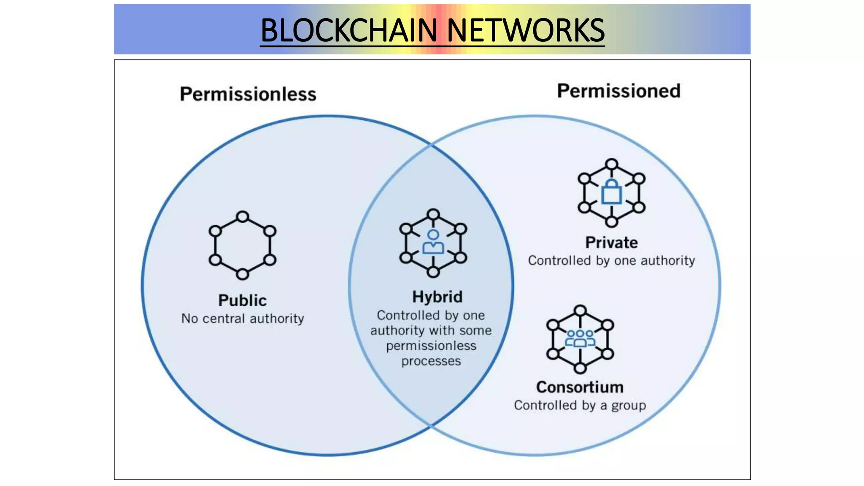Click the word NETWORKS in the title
click(x=525, y=30)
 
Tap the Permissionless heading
click(x=248, y=94)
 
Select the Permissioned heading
click(x=618, y=91)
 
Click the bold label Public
click(x=242, y=300)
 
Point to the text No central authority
click(x=243, y=319)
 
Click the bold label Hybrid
click(x=437, y=297)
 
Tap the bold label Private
click(x=611, y=243)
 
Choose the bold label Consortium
click(x=580, y=387)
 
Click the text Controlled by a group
click(x=580, y=405)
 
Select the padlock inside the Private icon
click(x=611, y=192)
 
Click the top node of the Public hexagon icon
click(x=243, y=217)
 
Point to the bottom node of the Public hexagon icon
click(x=243, y=275)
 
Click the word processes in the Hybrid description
click(x=431, y=361)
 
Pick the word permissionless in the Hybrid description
click(x=431, y=346)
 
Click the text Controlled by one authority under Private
click(x=611, y=261)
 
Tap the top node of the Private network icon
click(x=612, y=164)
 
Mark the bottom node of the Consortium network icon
click(x=580, y=368)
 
